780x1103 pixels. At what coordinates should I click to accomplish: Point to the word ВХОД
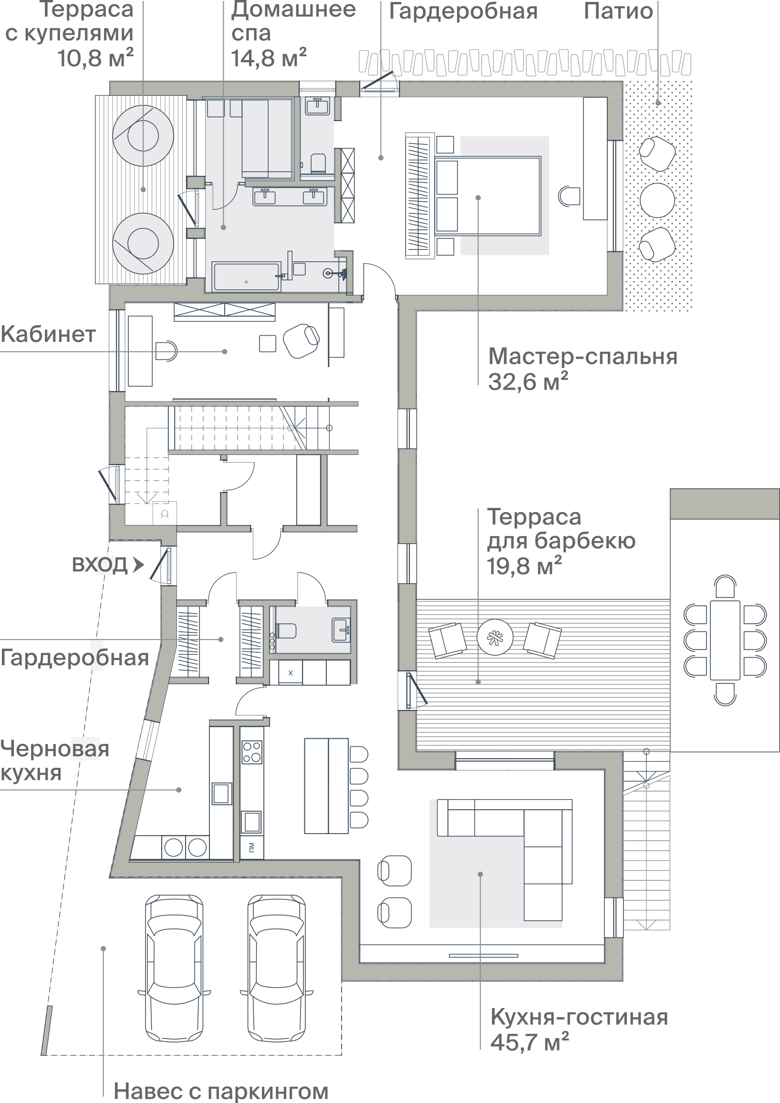tap(100, 565)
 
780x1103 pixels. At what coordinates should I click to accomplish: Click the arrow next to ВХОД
tap(138, 564)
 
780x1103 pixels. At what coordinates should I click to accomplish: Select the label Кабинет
tap(48, 334)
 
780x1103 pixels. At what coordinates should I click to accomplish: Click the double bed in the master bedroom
tap(488, 196)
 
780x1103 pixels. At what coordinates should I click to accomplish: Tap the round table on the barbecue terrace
tap(495, 638)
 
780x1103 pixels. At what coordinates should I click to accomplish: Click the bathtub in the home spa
tap(246, 277)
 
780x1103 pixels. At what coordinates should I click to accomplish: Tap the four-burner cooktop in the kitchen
tap(251, 753)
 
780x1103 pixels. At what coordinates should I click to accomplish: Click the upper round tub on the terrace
tap(143, 136)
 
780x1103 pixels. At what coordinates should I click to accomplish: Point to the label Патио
tap(619, 11)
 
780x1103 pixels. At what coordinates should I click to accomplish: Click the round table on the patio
tap(657, 200)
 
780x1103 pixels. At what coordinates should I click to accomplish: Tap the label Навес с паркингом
tap(221, 1091)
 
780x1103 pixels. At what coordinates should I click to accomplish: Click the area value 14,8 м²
tap(269, 58)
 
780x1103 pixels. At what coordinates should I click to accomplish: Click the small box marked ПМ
tap(252, 847)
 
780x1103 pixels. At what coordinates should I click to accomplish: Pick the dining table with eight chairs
tap(725, 640)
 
